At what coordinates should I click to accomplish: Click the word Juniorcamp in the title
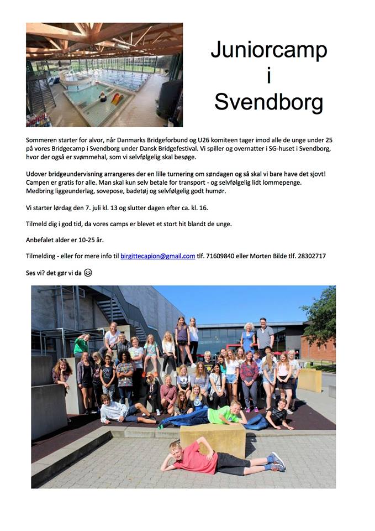coord(268,50)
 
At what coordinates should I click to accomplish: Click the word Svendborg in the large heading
coord(268,102)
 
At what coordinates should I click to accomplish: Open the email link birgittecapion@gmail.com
coord(158,256)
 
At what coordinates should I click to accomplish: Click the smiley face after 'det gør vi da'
coord(88,272)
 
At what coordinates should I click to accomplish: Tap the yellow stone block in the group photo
coord(213,439)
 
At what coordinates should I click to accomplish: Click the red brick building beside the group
coord(318,348)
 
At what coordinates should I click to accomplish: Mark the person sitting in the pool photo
coord(102,97)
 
